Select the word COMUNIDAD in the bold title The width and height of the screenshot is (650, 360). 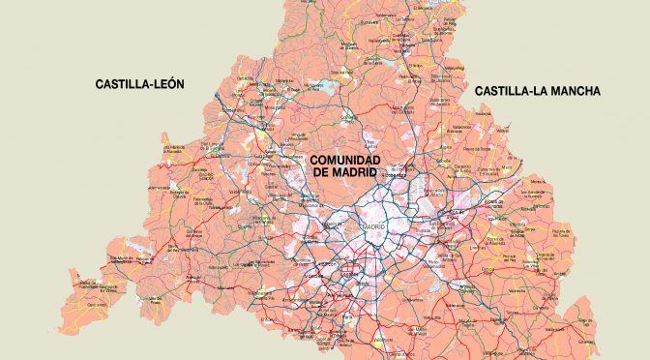pos(345,159)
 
